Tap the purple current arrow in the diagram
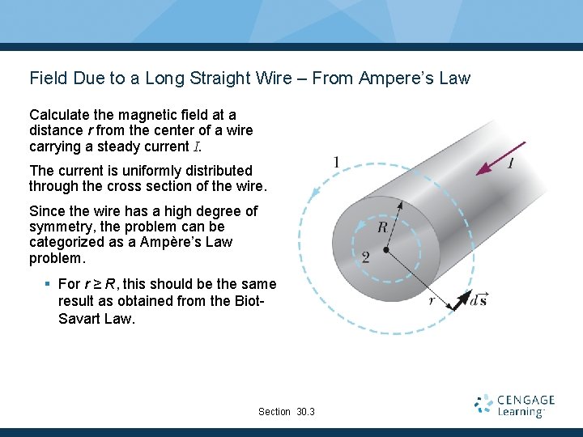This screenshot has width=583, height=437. coord(495,160)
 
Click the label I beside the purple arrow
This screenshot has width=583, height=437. coord(511,164)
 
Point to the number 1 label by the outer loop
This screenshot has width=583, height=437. coord(336,163)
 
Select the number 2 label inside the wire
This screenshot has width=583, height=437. coord(366,257)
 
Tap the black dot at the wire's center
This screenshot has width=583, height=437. coord(385,249)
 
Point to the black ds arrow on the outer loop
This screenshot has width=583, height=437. coord(459,301)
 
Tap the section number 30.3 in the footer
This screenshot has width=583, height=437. coord(306,412)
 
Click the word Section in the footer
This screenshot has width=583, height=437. coord(274,412)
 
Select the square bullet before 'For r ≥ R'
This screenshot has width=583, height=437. coord(49,284)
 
